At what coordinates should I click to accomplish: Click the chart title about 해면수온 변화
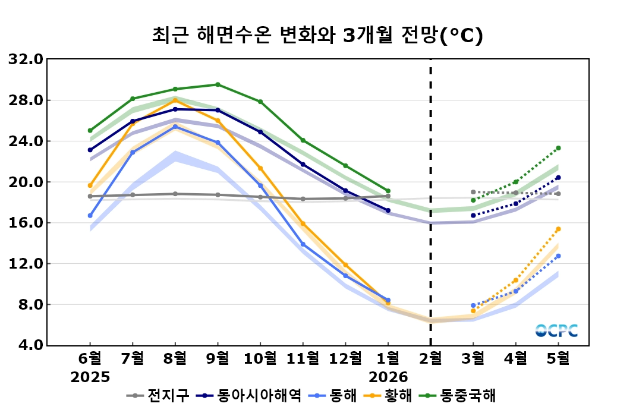tap(317, 36)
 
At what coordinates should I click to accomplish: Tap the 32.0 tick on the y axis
tap(26, 59)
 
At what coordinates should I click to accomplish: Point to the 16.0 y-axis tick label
tap(26, 223)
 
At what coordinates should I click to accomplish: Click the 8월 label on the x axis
tap(175, 358)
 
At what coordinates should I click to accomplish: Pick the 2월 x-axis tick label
tap(430, 358)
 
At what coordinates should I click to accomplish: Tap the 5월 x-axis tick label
tap(558, 358)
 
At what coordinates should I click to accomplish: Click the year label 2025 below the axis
tap(90, 377)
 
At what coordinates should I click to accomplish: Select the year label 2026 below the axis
tap(388, 377)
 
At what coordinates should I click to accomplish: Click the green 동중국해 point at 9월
tap(218, 84)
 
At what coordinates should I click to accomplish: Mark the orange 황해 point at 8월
tap(175, 100)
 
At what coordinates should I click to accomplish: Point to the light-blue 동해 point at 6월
tap(90, 216)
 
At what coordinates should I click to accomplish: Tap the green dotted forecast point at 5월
tap(558, 148)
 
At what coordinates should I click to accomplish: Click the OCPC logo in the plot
tap(556, 331)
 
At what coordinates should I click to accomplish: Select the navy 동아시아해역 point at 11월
tap(303, 165)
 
